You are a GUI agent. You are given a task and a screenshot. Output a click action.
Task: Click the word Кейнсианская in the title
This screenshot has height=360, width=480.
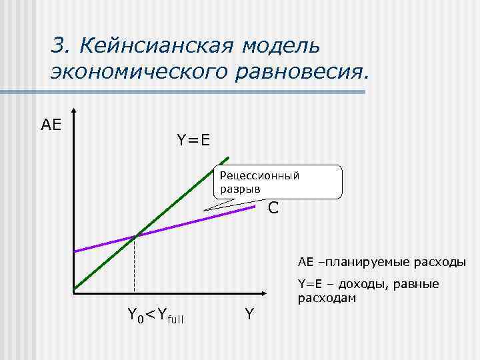(156, 46)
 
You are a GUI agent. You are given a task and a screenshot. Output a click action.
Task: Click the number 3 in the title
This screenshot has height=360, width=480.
(59, 46)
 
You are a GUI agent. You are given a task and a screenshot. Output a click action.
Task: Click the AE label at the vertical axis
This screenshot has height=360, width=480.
(51, 124)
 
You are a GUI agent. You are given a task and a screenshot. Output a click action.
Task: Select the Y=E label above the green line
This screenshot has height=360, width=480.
(193, 140)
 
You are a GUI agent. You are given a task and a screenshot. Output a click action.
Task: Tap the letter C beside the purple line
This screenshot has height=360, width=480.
(273, 209)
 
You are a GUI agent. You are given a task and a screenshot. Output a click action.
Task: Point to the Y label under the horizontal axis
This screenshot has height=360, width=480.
(249, 313)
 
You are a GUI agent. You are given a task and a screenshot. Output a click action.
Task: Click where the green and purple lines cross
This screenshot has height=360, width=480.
(135, 236)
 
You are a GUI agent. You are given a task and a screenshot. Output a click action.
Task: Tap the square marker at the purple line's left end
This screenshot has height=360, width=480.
(75, 251)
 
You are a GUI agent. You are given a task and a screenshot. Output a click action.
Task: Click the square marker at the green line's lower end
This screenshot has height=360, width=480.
(75, 289)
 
